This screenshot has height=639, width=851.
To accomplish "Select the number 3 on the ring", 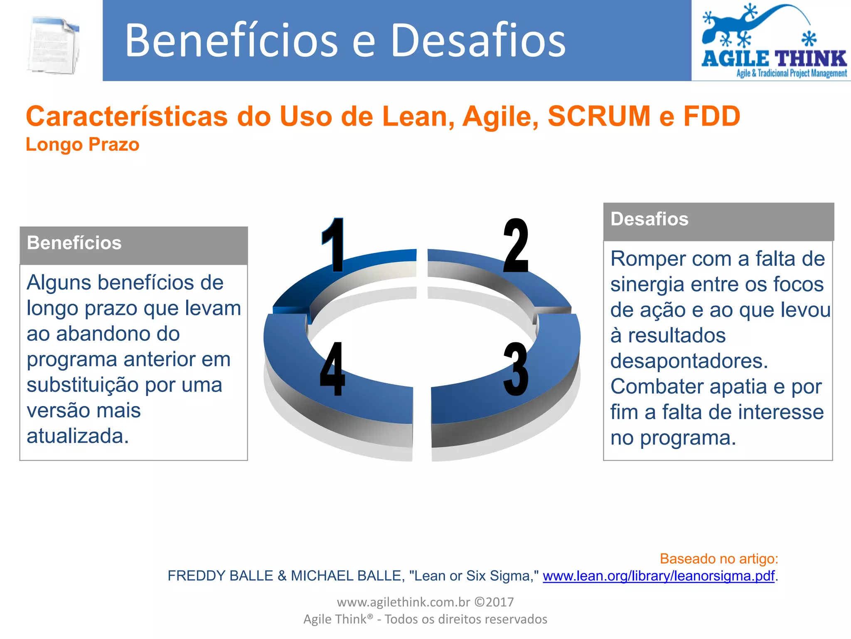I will pyautogui.click(x=516, y=369).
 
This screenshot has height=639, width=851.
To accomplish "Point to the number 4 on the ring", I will pyautogui.click(x=332, y=369).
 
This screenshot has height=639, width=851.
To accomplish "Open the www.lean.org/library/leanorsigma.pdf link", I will pyautogui.click(x=659, y=576).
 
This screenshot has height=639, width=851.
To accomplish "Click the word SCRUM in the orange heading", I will pyautogui.click(x=599, y=116).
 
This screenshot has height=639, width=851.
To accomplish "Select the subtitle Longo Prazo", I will pyautogui.click(x=82, y=145).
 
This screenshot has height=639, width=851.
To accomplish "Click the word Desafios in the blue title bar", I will pyautogui.click(x=478, y=40).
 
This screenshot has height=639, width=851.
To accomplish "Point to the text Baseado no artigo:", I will pyautogui.click(x=719, y=558).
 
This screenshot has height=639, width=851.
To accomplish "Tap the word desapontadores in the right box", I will pyautogui.click(x=689, y=361).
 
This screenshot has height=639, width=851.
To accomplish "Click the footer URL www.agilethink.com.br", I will pyautogui.click(x=403, y=602).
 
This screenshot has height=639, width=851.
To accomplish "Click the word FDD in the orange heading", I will pyautogui.click(x=712, y=116).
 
